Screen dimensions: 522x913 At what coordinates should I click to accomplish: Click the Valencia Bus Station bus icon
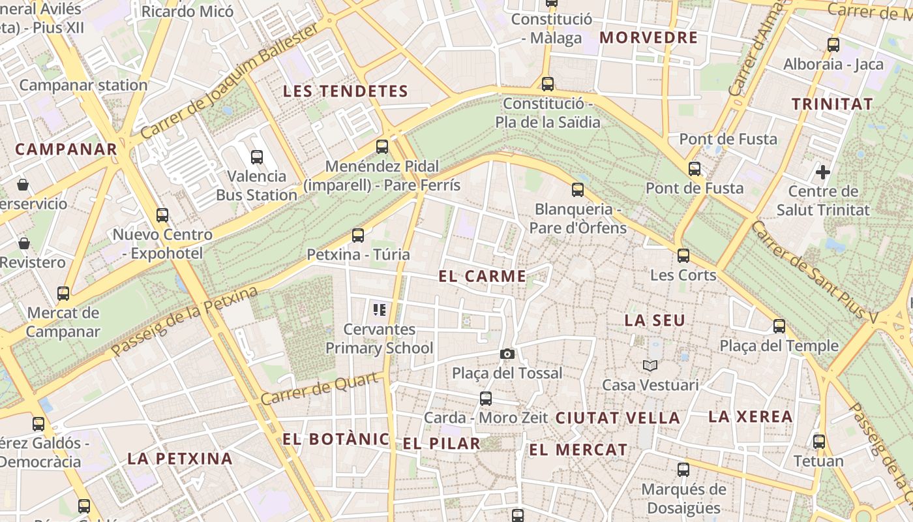click(x=257, y=157)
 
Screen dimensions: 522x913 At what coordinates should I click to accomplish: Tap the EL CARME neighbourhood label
click(x=482, y=276)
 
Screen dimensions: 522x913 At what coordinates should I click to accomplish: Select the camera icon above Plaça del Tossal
click(x=507, y=354)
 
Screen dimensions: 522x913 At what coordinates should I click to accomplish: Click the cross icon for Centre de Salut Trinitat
click(x=823, y=172)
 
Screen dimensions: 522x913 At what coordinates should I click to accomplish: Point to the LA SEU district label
click(x=655, y=320)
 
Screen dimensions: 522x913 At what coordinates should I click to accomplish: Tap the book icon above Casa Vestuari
click(x=650, y=365)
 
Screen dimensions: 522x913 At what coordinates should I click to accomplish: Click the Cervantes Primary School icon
click(x=379, y=309)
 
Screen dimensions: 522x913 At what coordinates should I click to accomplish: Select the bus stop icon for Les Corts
click(x=683, y=255)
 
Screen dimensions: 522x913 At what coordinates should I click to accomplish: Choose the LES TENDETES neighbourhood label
click(x=345, y=91)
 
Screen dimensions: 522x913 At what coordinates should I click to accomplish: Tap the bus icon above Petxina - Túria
click(x=357, y=235)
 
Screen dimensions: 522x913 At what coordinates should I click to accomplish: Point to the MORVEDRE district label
click(x=648, y=37)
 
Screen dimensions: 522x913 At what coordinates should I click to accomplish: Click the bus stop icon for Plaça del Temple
click(x=779, y=326)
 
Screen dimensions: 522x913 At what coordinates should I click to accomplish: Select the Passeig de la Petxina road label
click(x=185, y=322)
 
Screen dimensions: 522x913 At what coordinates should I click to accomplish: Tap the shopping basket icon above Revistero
click(x=24, y=243)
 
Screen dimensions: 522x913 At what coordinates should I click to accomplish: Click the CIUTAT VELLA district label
click(x=617, y=418)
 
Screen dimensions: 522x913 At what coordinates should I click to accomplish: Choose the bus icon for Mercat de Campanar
click(x=63, y=293)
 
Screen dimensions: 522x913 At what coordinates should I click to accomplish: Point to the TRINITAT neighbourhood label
click(x=831, y=104)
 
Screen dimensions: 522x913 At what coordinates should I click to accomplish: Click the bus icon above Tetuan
click(x=818, y=441)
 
